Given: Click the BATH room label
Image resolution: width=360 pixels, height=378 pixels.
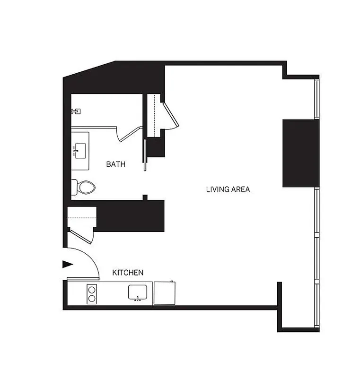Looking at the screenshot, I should (115, 164).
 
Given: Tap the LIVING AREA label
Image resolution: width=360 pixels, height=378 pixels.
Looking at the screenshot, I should (228, 189).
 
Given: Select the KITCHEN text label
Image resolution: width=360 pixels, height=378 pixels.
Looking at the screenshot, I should (128, 273).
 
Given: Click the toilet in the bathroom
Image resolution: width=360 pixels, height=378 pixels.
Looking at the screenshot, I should (84, 187).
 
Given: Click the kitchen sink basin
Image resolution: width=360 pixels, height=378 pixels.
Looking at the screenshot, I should (139, 292).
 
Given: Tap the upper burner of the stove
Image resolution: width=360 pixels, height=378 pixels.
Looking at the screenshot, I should (92, 289).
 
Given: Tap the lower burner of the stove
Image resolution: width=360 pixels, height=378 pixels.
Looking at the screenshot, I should (92, 298).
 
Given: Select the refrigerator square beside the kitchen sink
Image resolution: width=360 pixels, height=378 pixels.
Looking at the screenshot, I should (165, 293).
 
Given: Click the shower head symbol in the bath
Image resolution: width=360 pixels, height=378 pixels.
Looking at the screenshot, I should (75, 112).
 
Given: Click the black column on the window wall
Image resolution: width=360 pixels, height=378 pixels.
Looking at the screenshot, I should (300, 153).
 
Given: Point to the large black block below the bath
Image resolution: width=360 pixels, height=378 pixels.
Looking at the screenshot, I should (130, 215).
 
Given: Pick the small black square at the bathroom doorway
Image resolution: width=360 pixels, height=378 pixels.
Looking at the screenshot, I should (145, 197).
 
